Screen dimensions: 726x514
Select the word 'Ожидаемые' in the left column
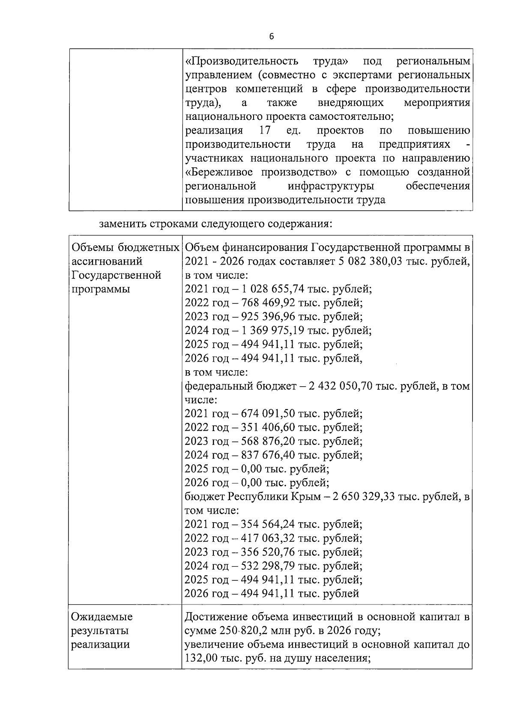click(102, 617)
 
